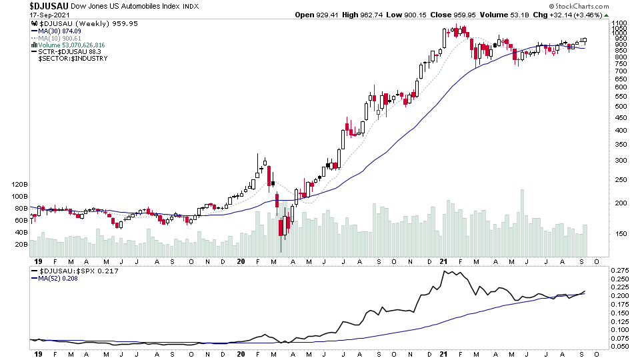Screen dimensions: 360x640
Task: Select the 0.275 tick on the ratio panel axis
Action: pyautogui.click(x=620, y=270)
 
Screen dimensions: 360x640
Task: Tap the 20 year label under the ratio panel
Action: pyautogui.click(x=242, y=353)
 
